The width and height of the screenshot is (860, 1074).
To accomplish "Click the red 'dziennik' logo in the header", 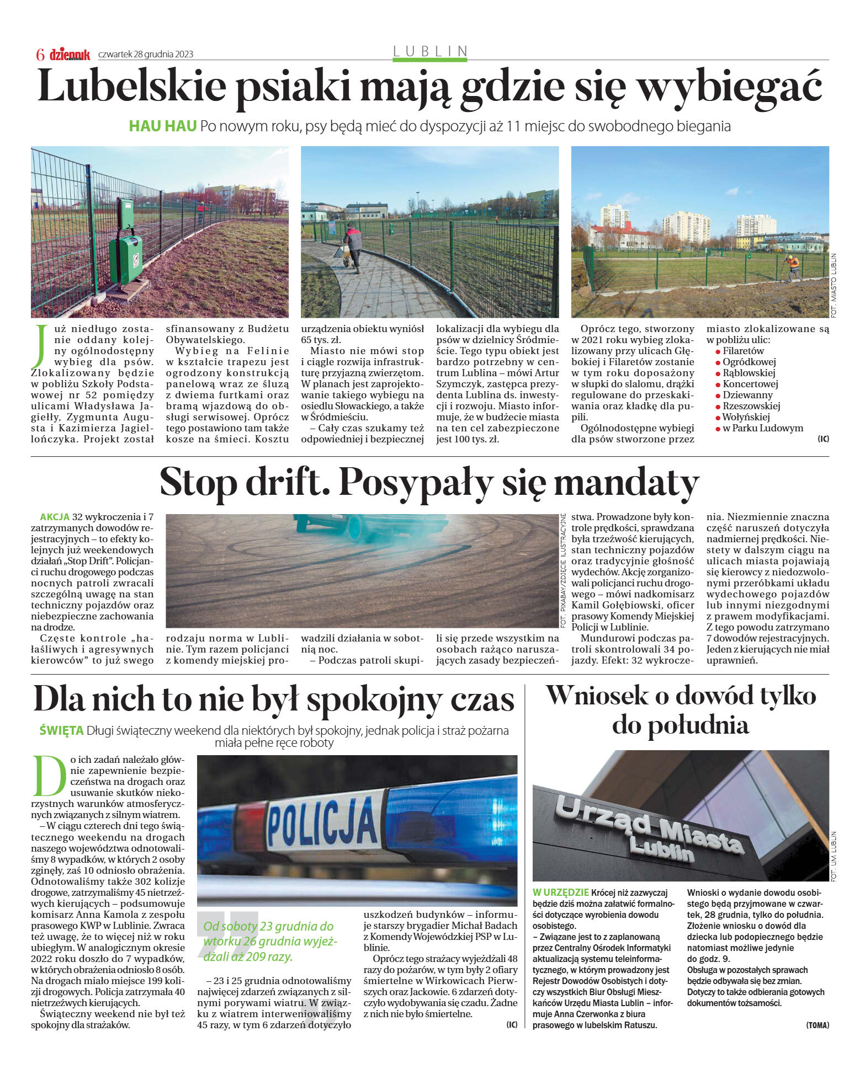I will pos(70,54).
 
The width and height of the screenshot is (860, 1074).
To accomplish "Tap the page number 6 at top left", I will pos(40,55).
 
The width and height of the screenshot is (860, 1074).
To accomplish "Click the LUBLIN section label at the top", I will pos(430,51).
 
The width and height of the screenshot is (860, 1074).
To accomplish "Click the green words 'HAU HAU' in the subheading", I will pos(162,126).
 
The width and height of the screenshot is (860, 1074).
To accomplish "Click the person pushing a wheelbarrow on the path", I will pos(352,246).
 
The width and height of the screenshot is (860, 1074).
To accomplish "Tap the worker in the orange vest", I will pos(793,266).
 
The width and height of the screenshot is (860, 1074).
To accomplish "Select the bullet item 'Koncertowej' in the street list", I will pos(750,384).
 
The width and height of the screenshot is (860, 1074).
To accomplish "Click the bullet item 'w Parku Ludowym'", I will pos(762,428).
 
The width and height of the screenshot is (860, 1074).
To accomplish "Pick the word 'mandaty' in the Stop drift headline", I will pos(626,483).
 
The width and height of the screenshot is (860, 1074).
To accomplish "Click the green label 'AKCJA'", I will pos(55,517).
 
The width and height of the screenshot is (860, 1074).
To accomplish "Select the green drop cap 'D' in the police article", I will pos(50,774).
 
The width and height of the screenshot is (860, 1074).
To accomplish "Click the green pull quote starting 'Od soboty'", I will pos(270,941).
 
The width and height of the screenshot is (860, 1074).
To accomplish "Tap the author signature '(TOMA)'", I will pos(817,1025).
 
